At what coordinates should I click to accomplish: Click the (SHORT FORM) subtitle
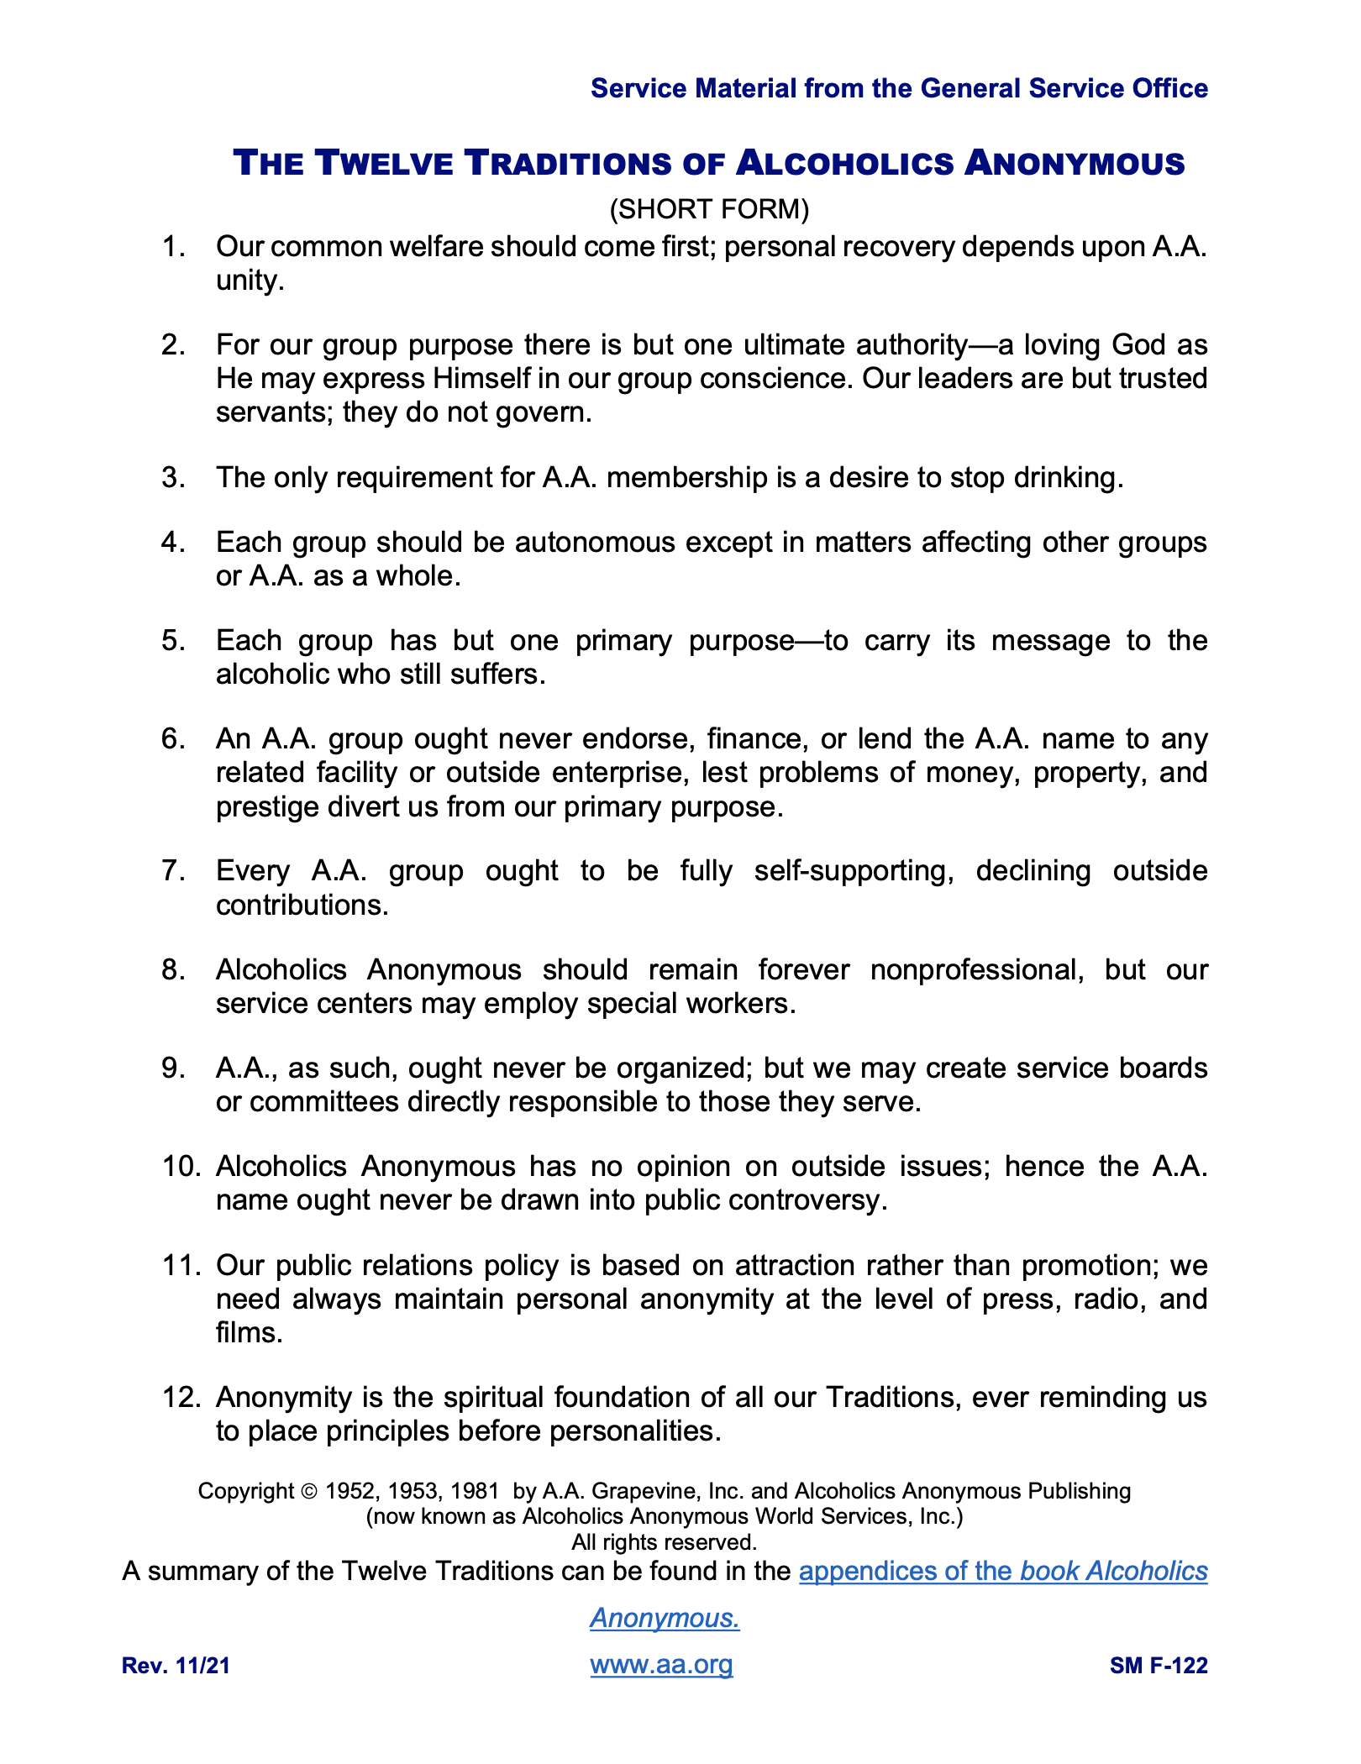709,209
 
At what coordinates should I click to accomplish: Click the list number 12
181,1398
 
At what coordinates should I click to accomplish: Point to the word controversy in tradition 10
807,1200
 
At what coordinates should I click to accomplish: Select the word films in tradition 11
249,1333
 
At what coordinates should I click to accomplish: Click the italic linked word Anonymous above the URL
664,1618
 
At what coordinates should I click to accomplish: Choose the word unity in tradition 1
250,281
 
